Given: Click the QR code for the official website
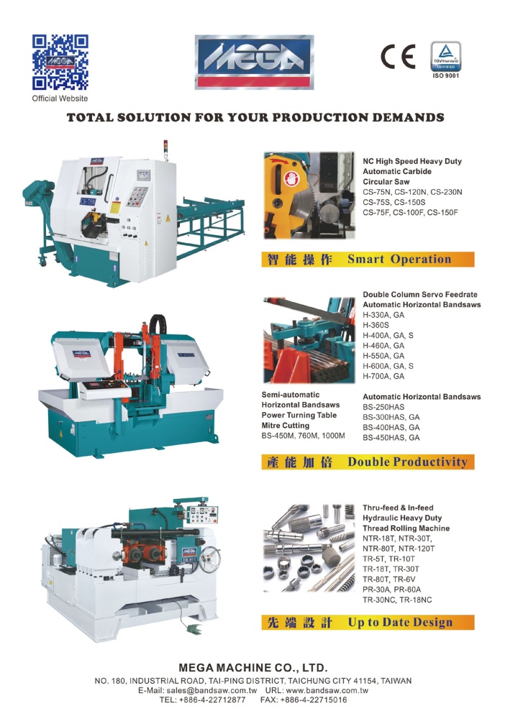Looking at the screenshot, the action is click(x=60, y=62).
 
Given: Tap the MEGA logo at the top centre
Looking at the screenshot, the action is click(x=255, y=62).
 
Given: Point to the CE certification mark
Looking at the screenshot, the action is click(x=398, y=56).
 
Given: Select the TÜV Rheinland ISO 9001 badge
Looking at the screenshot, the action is click(x=446, y=60).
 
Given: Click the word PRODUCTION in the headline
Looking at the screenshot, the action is click(x=314, y=117).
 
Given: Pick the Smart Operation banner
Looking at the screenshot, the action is click(x=368, y=260).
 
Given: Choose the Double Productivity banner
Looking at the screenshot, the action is click(x=368, y=462).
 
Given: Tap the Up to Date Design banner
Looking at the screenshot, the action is click(x=368, y=622).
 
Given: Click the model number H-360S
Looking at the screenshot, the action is click(x=376, y=325).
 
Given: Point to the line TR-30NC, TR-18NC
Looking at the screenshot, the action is click(x=397, y=600).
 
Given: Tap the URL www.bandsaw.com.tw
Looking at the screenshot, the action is click(x=327, y=690).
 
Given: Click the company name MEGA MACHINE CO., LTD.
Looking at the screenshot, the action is click(x=252, y=668).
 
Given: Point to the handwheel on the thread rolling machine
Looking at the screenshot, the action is click(x=209, y=559).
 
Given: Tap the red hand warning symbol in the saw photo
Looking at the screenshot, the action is click(x=291, y=178).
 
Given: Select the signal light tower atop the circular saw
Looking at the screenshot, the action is click(x=165, y=150).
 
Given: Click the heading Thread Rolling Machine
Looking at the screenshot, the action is click(x=406, y=528).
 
